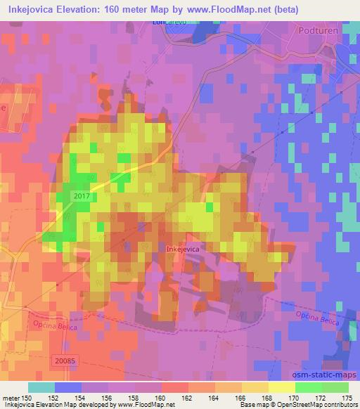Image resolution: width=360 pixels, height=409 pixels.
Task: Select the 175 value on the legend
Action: click(347, 399)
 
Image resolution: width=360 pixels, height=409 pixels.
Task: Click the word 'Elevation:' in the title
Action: click(83, 10)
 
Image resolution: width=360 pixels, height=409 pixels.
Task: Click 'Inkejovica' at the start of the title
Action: click(30, 10)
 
